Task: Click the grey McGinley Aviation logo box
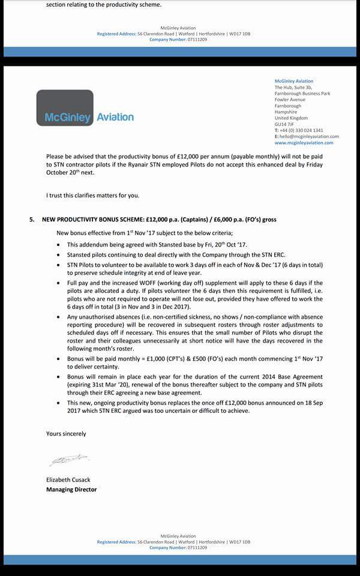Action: [x=65, y=107]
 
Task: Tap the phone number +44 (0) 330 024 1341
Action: [x=302, y=130]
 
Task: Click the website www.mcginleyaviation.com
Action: [x=304, y=143]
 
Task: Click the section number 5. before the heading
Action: [x=32, y=220]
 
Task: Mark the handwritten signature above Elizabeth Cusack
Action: [x=68, y=460]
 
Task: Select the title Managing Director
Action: [x=71, y=489]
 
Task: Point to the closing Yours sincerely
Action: [x=66, y=433]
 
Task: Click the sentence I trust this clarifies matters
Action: [x=92, y=196]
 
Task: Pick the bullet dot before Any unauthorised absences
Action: [x=58, y=317]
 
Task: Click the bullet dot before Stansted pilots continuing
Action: [x=58, y=254]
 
